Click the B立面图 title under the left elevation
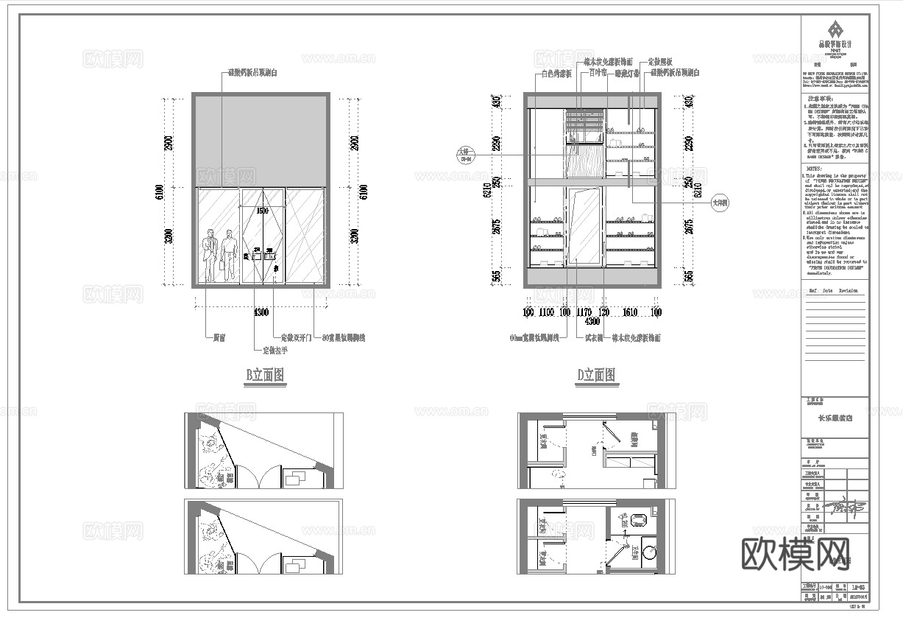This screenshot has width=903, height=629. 265,376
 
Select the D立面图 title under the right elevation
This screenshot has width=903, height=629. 597,376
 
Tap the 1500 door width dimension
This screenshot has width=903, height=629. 263,211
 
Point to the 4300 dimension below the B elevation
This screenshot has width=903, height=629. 261,312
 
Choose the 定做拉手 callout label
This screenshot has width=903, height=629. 271,351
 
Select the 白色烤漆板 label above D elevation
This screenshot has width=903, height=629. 556,74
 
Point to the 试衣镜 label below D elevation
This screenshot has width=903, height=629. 594,337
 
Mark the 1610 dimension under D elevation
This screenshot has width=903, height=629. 629,312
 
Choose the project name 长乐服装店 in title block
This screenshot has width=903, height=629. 835,418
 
